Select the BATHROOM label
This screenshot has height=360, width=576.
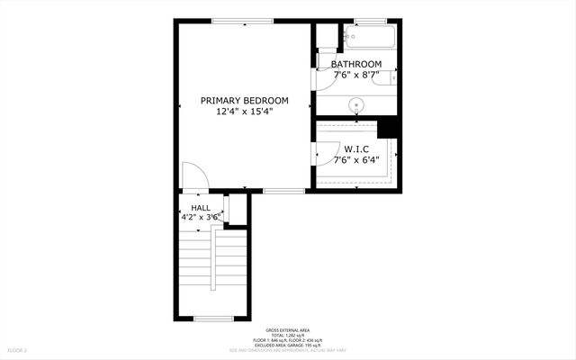(x=355, y=64)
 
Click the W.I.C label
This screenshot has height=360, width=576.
(x=355, y=148)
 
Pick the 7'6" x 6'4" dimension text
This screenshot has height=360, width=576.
(x=355, y=160)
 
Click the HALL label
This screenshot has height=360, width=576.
(x=201, y=208)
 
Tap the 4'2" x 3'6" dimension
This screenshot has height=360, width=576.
(x=201, y=218)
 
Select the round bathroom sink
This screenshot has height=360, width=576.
(x=357, y=103)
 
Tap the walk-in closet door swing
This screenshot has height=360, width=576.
(x=324, y=156)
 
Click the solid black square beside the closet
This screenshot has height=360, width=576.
(x=389, y=126)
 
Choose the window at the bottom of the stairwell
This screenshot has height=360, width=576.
(x=213, y=319)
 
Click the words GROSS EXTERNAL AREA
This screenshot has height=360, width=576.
(x=287, y=330)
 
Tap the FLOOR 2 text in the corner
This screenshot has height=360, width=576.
(x=18, y=349)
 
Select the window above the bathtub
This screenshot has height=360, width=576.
(x=370, y=21)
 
